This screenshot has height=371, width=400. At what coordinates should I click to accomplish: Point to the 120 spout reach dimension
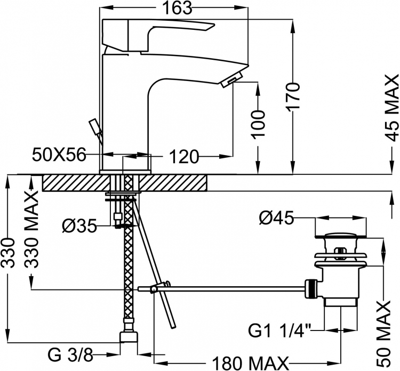[x=183, y=156]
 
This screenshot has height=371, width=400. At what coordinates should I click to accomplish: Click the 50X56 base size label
[x=59, y=155]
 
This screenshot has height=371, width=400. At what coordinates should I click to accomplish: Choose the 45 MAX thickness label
[x=392, y=108]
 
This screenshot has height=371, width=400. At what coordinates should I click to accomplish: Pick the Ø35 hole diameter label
[x=79, y=225]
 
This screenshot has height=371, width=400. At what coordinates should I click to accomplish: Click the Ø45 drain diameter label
[x=276, y=218]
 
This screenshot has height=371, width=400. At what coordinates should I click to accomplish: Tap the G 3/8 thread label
[x=70, y=354]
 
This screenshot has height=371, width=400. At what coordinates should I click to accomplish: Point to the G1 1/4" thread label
[x=279, y=330]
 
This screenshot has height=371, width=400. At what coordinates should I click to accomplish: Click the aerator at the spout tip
[x=231, y=79]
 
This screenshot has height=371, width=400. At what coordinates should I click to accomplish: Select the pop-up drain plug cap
[x=341, y=235]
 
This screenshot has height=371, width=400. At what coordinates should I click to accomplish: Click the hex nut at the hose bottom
[x=129, y=336]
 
